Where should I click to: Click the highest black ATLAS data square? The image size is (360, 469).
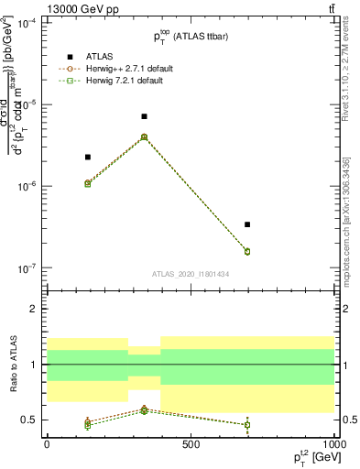145,116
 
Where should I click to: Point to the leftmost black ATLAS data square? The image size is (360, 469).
88,158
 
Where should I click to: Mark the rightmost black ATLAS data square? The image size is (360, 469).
247,224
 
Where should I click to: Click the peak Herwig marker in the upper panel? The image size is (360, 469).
145,136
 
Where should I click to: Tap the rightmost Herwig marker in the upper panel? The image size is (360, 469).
247,251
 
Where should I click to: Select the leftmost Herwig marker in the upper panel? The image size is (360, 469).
88,183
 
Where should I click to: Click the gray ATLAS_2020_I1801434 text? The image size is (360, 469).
190,274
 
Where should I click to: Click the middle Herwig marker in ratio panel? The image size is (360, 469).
145,409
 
